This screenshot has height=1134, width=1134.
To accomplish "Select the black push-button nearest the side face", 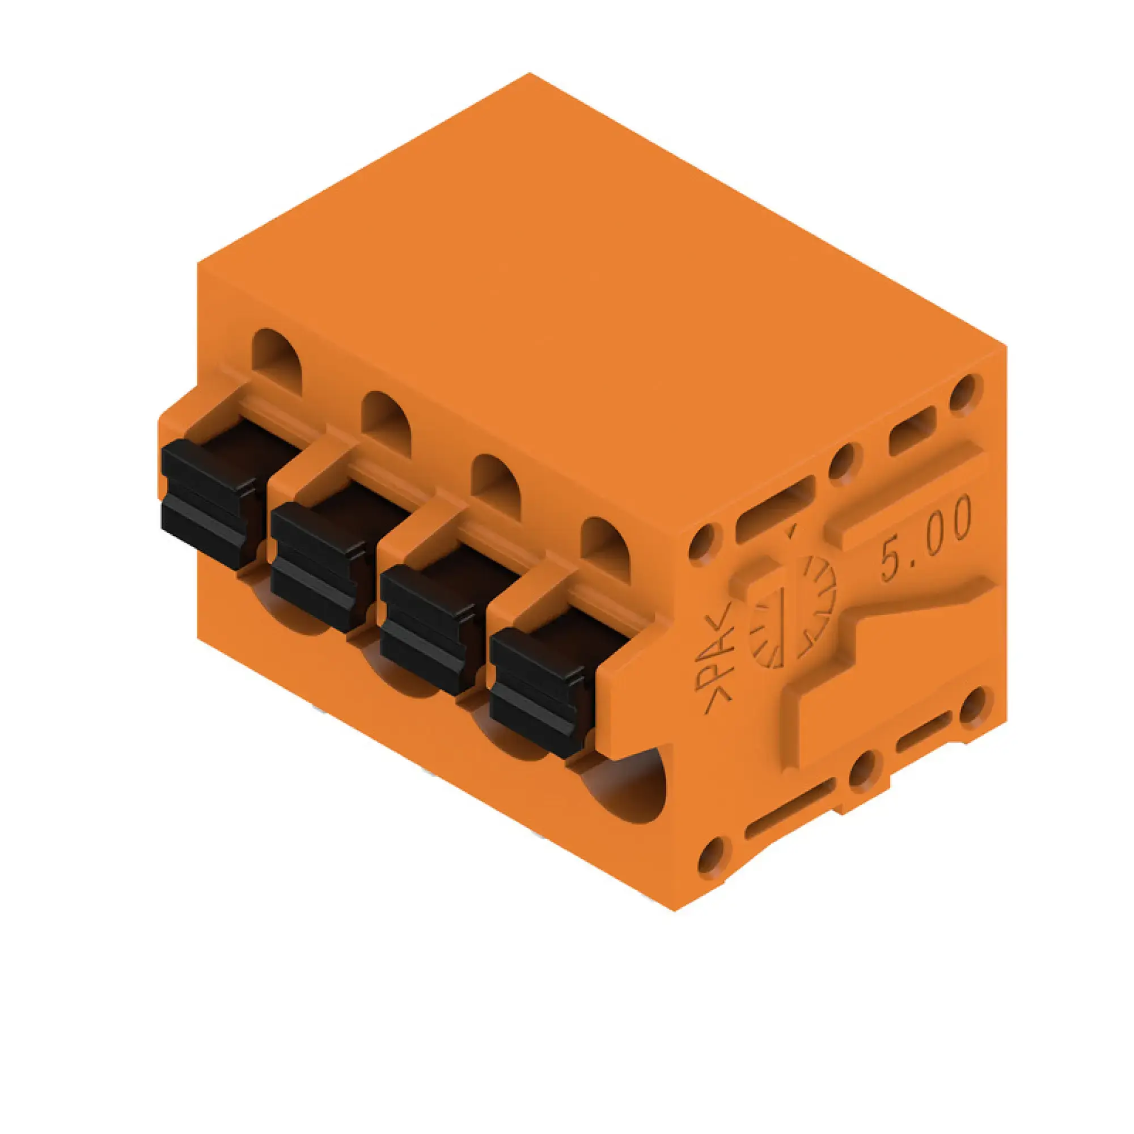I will pos(537,693).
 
